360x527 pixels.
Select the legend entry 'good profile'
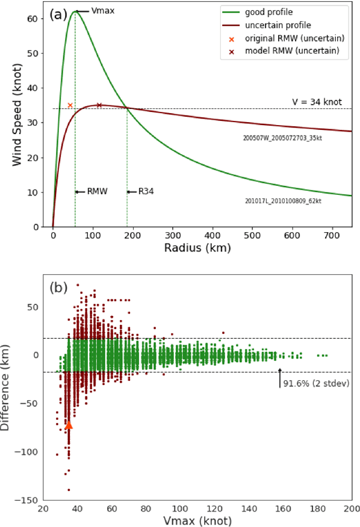(x=282, y=12)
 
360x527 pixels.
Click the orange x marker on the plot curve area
(x=70, y=105)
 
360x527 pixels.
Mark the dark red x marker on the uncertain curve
(x=99, y=105)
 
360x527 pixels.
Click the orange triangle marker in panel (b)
(x=69, y=425)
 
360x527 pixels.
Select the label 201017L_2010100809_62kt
(x=283, y=200)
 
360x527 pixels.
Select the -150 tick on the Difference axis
(x=27, y=500)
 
